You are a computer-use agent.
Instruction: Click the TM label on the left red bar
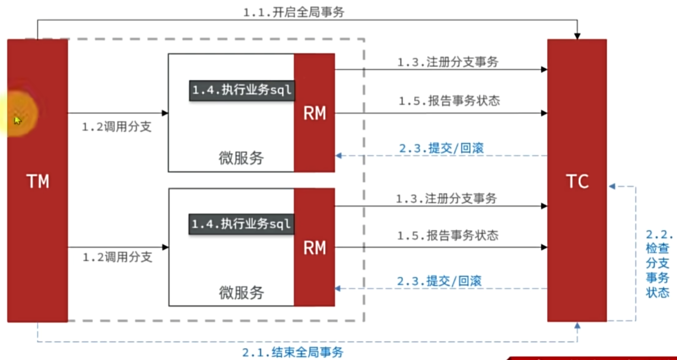[38, 181]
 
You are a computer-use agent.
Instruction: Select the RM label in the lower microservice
[315, 248]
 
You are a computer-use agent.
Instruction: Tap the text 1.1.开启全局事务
[293, 12]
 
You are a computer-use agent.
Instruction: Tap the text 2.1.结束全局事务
[293, 352]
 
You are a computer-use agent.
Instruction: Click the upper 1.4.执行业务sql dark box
[242, 90]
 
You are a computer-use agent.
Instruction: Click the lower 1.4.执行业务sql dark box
[241, 225]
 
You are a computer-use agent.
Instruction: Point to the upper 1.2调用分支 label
[117, 127]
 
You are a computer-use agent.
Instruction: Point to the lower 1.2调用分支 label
[117, 257]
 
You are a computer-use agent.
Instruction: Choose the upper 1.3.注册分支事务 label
[448, 62]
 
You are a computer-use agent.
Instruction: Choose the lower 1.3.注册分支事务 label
[446, 198]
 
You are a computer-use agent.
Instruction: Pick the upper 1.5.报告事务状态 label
[449, 101]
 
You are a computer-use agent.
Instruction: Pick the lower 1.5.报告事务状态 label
[448, 236]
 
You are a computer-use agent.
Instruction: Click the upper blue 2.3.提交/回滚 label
[441, 149]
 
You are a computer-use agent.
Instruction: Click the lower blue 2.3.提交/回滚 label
[439, 281]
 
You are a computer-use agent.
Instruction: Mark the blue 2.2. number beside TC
[660, 235]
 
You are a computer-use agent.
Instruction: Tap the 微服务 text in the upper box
[241, 158]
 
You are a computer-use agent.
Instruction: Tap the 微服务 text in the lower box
[241, 293]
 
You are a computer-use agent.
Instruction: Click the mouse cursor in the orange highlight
[17, 120]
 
